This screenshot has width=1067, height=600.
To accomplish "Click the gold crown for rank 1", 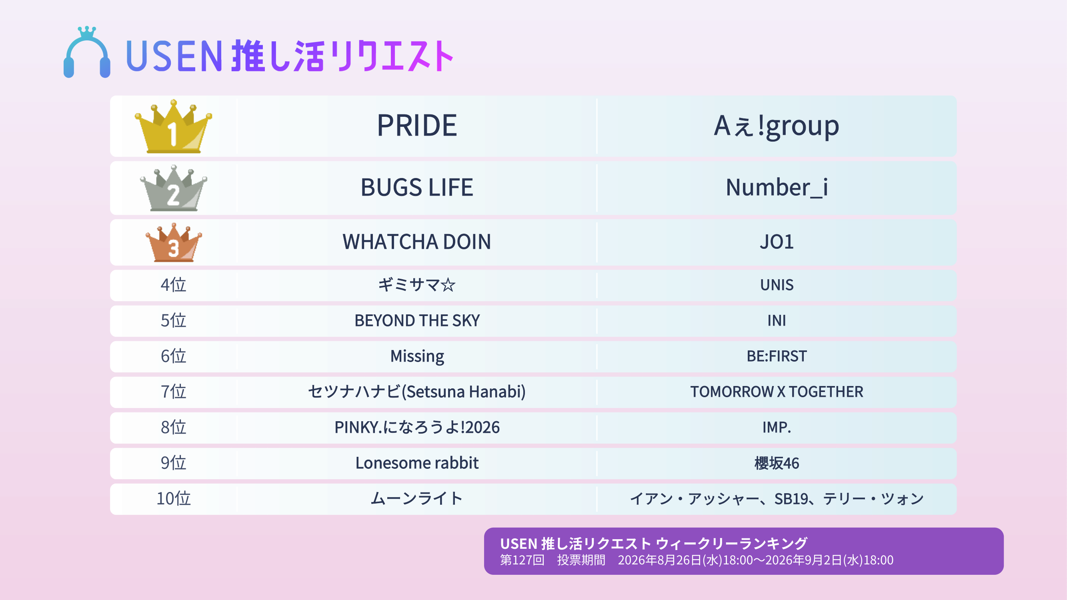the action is click(173, 126).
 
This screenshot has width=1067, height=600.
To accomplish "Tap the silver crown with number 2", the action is click(173, 188).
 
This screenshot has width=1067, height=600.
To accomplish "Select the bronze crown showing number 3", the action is click(173, 243).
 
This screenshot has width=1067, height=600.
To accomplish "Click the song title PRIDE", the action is click(417, 126).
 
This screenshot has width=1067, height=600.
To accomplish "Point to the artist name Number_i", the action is click(777, 188).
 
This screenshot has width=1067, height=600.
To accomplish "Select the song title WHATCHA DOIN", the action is click(417, 242).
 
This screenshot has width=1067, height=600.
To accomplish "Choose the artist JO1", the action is click(777, 242).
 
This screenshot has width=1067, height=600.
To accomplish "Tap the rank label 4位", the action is click(173, 285).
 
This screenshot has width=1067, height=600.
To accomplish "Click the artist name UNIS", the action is click(777, 285).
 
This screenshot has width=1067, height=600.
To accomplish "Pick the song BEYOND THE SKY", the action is click(417, 320).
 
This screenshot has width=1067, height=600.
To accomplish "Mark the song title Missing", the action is click(417, 356).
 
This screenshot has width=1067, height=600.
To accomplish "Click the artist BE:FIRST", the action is click(777, 356).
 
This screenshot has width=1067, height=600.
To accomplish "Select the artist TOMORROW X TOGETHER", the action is click(777, 392).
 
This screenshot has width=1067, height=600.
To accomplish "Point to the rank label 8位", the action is click(173, 427).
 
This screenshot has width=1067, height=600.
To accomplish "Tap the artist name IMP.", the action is click(777, 427).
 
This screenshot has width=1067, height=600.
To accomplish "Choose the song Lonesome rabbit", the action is click(417, 463).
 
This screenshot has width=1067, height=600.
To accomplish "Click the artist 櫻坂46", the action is click(777, 463).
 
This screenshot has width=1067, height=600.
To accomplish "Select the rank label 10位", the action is click(173, 498).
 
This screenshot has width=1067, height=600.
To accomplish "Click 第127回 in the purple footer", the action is click(522, 560).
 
